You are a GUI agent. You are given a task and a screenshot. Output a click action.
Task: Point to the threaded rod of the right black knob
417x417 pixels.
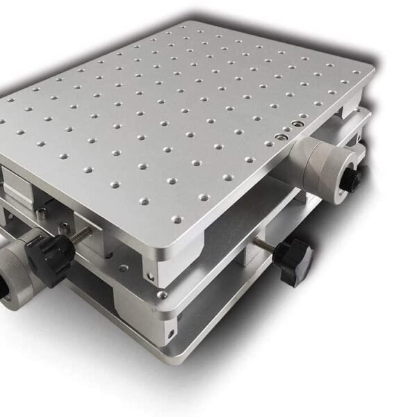pos(263,245)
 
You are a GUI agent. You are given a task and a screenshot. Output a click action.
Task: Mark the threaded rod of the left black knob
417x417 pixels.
pos(82,234)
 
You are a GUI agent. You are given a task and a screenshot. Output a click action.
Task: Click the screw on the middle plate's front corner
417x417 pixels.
pos(161,295)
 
